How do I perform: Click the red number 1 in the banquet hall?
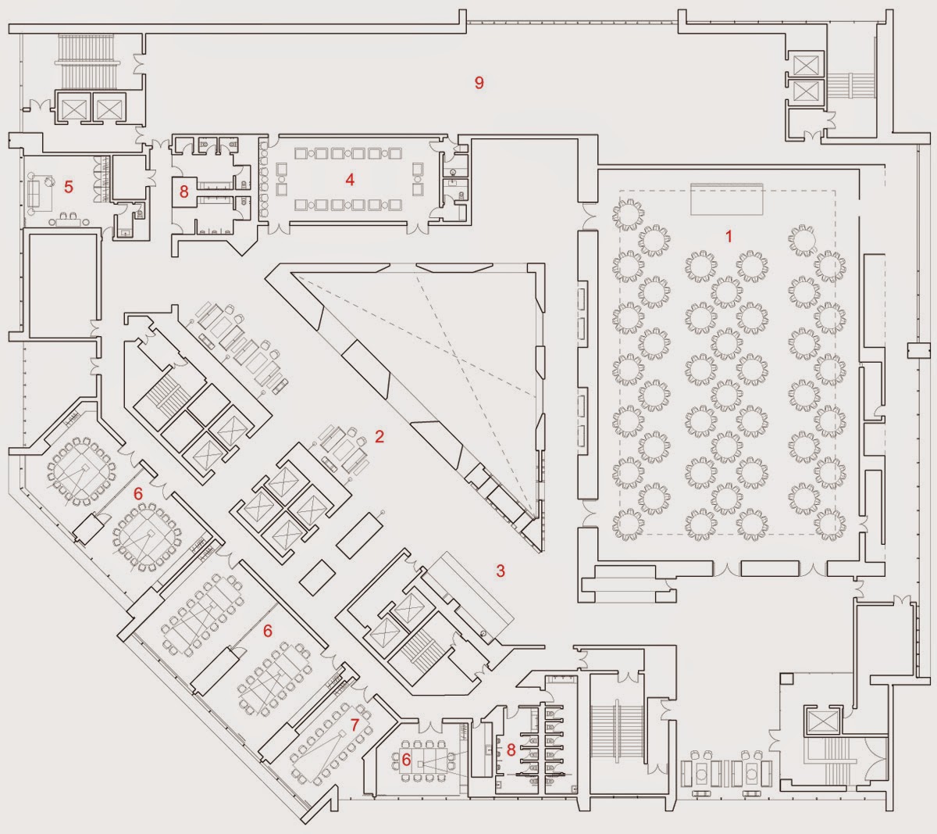729,236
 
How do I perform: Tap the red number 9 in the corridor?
479,82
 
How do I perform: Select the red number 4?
350,180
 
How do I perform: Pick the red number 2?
379,437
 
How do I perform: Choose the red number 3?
501,571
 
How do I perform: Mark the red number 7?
354,725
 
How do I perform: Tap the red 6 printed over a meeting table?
406,757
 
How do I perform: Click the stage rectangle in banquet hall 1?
727,199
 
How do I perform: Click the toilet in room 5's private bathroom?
139,211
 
